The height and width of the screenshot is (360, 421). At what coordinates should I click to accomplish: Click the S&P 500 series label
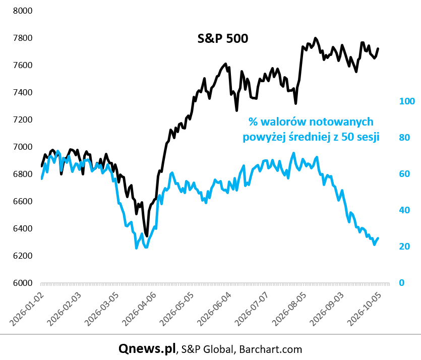pyautogui.click(x=222, y=38)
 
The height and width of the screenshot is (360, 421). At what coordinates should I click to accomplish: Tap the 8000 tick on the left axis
pyautogui.click(x=23, y=11)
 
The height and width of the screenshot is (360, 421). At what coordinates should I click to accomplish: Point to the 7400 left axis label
pyautogui.click(x=23, y=92)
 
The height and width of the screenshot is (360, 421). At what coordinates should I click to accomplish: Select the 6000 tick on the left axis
pyautogui.click(x=23, y=283)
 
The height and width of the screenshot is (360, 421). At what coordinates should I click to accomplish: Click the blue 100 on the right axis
pyautogui.click(x=407, y=101)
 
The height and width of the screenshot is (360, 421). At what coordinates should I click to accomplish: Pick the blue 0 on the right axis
pyautogui.click(x=402, y=283)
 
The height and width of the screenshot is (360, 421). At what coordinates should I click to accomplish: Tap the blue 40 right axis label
pyautogui.click(x=404, y=210)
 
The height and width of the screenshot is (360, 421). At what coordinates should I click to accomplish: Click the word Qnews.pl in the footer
pyautogui.click(x=147, y=348)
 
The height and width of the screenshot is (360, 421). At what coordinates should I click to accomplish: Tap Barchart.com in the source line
pyautogui.click(x=270, y=349)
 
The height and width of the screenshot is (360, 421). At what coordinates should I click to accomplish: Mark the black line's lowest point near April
pyautogui.click(x=147, y=236)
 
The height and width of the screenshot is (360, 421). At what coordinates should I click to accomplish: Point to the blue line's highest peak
pyautogui.click(x=293, y=153)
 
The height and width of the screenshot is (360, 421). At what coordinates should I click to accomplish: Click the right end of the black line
pyautogui.click(x=378, y=48)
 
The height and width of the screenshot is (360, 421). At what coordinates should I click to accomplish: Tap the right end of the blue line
pyautogui.click(x=378, y=238)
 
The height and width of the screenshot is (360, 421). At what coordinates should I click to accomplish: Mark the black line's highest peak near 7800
pyautogui.click(x=315, y=38)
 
